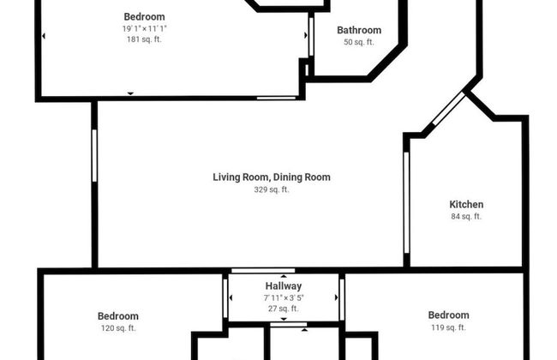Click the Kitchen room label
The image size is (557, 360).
click(466, 204)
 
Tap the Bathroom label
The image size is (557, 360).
click(359, 30)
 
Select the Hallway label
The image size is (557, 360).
click(284, 286)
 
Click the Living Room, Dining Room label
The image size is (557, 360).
click(272, 177)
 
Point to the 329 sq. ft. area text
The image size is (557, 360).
click(272, 189)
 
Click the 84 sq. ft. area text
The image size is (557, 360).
click(466, 216)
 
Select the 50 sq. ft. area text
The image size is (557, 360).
click(359, 42)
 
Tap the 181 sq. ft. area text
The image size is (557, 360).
click(144, 39)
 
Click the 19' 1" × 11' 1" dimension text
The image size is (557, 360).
click(144, 28)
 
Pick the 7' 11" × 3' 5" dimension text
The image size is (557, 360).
click(284, 297)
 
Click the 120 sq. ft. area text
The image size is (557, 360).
click(118, 328)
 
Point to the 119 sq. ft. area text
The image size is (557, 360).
click(448, 327)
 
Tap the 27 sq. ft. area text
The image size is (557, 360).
click(284, 309)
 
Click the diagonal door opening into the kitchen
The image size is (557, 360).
click(449, 108)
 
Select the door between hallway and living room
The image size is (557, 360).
click(263, 271)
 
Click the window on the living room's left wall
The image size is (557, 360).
click(94, 156)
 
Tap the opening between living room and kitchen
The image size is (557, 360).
click(406, 202)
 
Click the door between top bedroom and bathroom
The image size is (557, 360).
click(311, 37)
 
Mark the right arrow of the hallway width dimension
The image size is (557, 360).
click(336, 297)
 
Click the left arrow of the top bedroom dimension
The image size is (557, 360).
click(44, 36)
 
